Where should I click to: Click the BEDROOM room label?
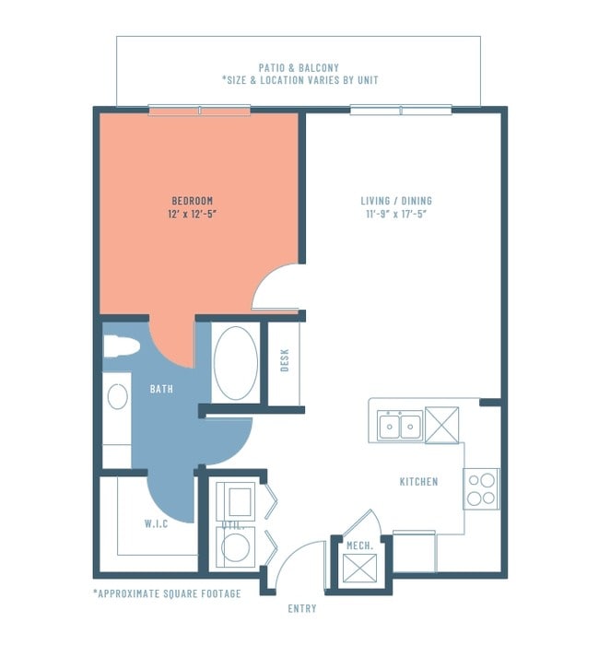pyautogui.click(x=193, y=201)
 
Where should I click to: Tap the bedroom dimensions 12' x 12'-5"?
pyautogui.click(x=192, y=214)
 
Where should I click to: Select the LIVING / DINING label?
pyautogui.click(x=396, y=201)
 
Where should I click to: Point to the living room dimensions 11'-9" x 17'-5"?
pyautogui.click(x=396, y=214)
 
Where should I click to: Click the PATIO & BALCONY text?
pyautogui.click(x=299, y=67)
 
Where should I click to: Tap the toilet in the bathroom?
pyautogui.click(x=121, y=346)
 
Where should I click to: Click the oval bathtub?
pyautogui.click(x=236, y=363)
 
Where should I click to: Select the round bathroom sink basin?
pyautogui.click(x=117, y=396)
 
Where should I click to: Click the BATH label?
pyautogui.click(x=161, y=389)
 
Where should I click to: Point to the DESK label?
pyautogui.click(x=285, y=360)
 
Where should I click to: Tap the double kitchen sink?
pyautogui.click(x=400, y=426)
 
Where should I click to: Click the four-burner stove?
pyautogui.click(x=481, y=488)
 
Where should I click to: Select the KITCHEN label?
pyautogui.click(x=418, y=482)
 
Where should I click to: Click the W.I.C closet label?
pyautogui.click(x=156, y=523)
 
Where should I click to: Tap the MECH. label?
pyautogui.click(x=359, y=546)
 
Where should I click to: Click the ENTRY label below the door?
pyautogui.click(x=302, y=608)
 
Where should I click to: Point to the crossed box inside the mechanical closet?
pyautogui.click(x=359, y=569)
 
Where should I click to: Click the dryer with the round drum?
pyautogui.click(x=235, y=546)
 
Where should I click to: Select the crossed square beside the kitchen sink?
pyautogui.click(x=441, y=425)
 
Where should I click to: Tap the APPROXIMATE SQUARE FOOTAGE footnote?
pyautogui.click(x=167, y=593)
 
